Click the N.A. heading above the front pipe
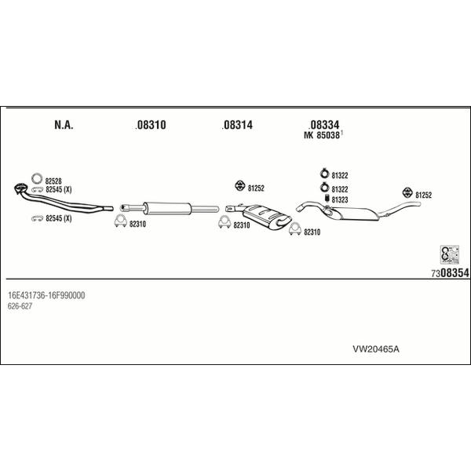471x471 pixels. coord(64,125)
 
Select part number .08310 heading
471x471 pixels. coord(151,125)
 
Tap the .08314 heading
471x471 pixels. coord(237,125)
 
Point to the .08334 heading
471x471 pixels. coord(323,124)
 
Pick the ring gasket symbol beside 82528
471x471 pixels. coord(37,178)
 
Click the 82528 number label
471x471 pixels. coord(53,181)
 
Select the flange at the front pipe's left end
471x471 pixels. coord(20,188)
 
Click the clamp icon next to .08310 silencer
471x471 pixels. coord(120,221)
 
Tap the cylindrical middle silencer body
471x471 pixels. coord(168,209)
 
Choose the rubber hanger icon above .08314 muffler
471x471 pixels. coord(239,186)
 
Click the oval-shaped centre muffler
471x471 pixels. coord(267,217)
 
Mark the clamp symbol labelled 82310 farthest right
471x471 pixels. coord(295,229)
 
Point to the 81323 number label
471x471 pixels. coord(340,199)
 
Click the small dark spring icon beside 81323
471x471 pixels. coord(327,199)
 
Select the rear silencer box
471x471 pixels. coord(355,214)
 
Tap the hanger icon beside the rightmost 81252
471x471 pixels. coord(407,192)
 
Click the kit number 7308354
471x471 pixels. coord(450,273)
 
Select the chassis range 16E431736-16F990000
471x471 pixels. coord(46,295)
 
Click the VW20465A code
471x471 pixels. coord(376,349)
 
